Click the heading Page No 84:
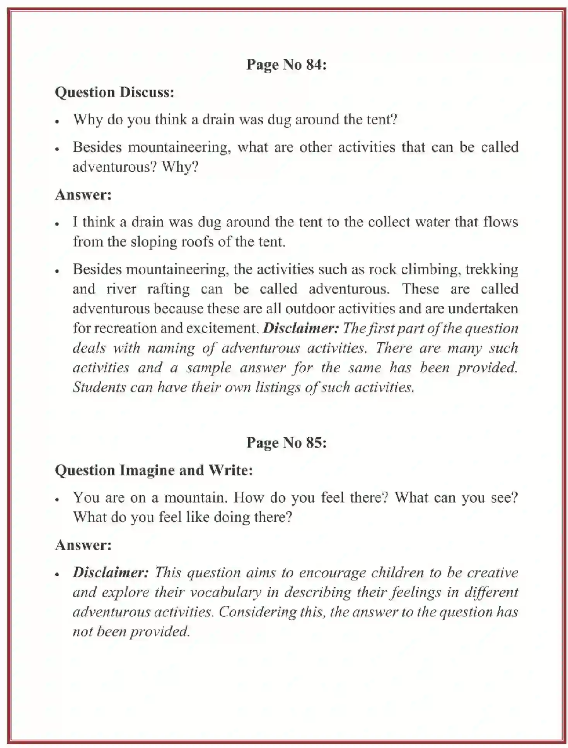click(287, 64)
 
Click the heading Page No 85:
click(287, 443)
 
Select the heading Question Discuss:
click(114, 92)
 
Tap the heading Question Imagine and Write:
click(154, 470)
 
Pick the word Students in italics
click(99, 387)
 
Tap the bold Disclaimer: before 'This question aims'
click(111, 572)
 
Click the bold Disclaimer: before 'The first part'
click(301, 328)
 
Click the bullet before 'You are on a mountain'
click(57, 499)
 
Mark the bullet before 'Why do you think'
click(57, 121)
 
